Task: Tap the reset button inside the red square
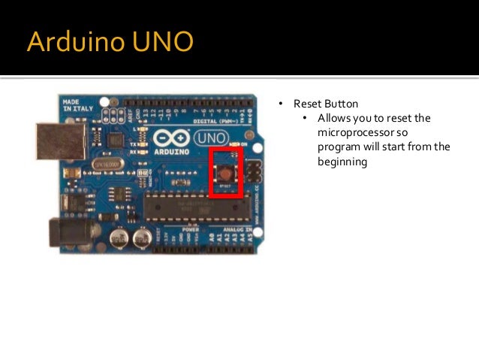pyautogui.click(x=226, y=173)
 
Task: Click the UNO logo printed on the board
pyautogui.click(x=210, y=138)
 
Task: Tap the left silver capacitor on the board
pyautogui.click(x=119, y=239)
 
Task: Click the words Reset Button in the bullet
pyautogui.click(x=326, y=104)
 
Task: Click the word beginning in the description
pyautogui.click(x=342, y=161)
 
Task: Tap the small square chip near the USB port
pyautogui.click(x=114, y=141)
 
